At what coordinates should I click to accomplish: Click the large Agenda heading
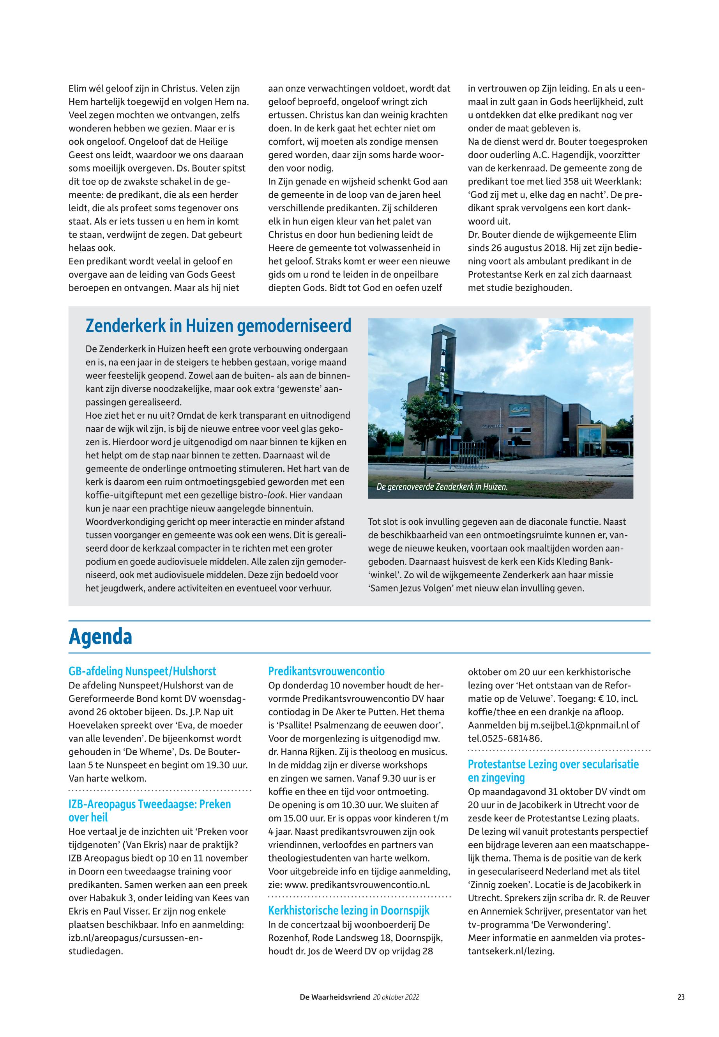point(100,637)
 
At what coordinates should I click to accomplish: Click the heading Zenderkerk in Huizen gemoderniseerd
point(218,326)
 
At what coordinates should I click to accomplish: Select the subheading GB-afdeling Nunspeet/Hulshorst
point(142,671)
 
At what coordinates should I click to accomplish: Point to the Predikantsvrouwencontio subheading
point(326,671)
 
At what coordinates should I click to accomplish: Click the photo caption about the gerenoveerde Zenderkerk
point(442,487)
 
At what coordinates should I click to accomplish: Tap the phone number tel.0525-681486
point(505,739)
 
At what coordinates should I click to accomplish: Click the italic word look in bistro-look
point(277,495)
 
